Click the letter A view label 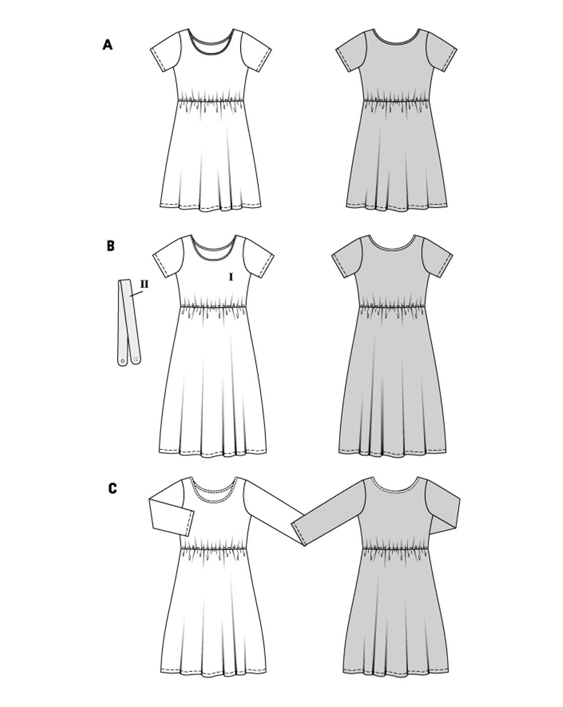pos(107,45)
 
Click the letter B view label pos(110,246)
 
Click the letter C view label pos(113,489)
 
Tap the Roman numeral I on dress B pos(231,278)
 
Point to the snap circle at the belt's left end pos(123,360)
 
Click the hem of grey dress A pos(397,208)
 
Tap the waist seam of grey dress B pos(393,306)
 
